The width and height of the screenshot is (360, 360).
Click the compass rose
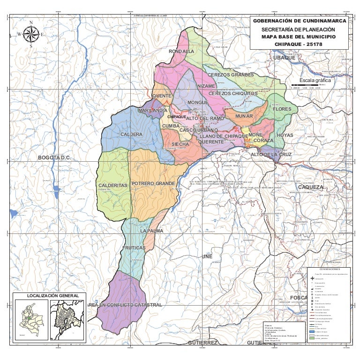[x=31, y=34]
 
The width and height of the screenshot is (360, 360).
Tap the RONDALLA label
[x=181, y=51]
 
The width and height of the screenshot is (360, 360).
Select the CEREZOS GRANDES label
[x=231, y=75]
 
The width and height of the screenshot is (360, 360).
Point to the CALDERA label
[x=131, y=135]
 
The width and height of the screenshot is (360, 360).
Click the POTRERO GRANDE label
[x=153, y=183]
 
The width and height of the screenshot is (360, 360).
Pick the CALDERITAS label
[x=113, y=186]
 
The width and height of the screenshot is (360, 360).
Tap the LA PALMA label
[x=151, y=231]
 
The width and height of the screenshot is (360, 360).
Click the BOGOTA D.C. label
[x=54, y=157]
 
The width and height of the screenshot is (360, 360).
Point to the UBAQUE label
[x=285, y=58]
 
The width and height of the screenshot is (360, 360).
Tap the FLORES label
[x=282, y=109]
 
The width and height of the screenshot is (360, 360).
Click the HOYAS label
[x=285, y=135]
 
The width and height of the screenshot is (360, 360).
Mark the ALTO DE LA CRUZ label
[x=271, y=154]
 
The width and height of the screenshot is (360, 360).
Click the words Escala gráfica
[x=315, y=80]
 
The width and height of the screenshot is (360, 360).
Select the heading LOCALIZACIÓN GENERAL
[x=50, y=296]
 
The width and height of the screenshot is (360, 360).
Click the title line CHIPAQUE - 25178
[x=299, y=44]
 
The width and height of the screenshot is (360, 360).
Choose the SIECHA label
[x=180, y=144]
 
